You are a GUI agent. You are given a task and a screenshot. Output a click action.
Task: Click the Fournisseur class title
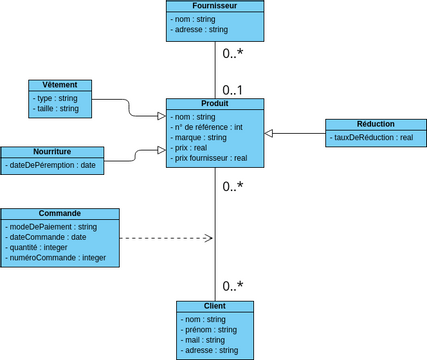[214, 6]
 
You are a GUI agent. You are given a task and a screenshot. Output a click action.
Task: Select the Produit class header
[214, 104]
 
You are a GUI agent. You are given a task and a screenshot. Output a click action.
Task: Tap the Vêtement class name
[60, 85]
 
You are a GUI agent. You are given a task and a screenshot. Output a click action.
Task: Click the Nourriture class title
[52, 151]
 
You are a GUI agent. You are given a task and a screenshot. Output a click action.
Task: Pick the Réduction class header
[375, 124]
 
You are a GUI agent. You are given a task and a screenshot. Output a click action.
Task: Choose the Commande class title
[60, 214]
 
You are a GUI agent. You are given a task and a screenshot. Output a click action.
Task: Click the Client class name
[214, 306]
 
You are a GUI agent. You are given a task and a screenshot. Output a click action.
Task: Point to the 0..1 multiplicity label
[233, 89]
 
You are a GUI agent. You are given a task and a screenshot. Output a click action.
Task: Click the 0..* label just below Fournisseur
[233, 53]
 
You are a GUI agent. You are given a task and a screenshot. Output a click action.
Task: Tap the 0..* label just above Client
[233, 286]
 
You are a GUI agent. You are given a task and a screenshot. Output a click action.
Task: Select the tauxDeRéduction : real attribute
[372, 137]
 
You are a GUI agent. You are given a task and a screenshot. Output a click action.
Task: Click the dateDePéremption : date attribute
[51, 165]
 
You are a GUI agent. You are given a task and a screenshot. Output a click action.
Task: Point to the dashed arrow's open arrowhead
[210, 238]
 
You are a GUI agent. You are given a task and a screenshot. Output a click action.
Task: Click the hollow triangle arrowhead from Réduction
[269, 132]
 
